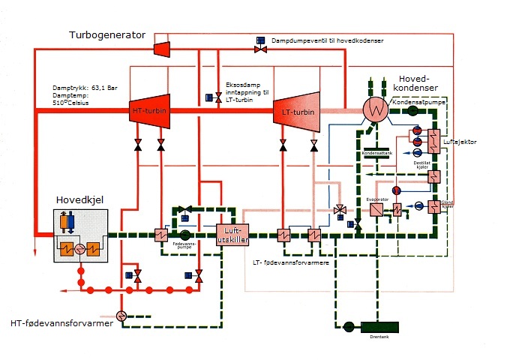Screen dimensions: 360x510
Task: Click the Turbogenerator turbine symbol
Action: click(160, 48)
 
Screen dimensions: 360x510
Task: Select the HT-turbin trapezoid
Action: click(149, 111)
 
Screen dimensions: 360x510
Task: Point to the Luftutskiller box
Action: click(235, 235)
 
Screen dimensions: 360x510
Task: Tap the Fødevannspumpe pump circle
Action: click(184, 235)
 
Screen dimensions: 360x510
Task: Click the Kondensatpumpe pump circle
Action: click(412, 110)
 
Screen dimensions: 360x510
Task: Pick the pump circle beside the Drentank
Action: click(348, 327)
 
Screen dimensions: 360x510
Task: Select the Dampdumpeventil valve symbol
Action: click(260, 49)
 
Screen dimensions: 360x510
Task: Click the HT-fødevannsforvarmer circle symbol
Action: click(124, 314)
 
